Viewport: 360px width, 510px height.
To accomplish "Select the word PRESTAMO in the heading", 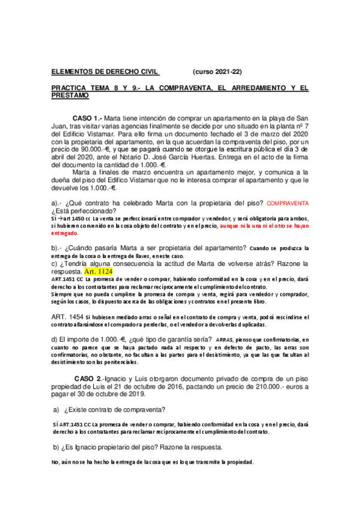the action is tap(70, 96).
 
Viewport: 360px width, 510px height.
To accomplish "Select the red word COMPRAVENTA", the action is tap(287, 204).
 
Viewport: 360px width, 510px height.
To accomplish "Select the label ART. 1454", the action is tap(68, 316).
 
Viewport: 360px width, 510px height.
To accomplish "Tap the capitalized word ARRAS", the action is tap(223, 340).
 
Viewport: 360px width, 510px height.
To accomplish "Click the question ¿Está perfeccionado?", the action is tap(84, 211).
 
